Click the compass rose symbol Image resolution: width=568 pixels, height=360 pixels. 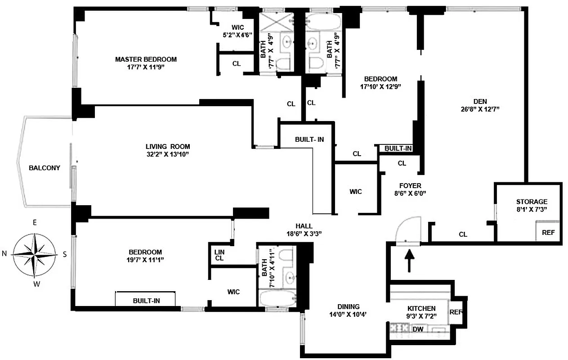click(x=35, y=254)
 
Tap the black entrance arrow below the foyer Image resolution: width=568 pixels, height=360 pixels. click(x=409, y=261)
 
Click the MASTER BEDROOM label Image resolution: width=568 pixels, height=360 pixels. click(x=146, y=59)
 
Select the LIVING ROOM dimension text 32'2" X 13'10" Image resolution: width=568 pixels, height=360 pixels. click(x=167, y=154)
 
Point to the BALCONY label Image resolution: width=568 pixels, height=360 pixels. click(x=45, y=168)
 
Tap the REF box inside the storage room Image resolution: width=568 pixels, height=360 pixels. click(x=548, y=233)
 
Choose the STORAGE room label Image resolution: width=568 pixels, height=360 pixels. click(x=532, y=202)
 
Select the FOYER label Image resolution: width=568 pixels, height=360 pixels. click(x=410, y=185)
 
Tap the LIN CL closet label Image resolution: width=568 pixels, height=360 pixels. click(x=219, y=255)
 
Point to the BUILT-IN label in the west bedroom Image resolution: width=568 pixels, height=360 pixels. click(x=147, y=300)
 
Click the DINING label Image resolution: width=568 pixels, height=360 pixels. click(x=349, y=307)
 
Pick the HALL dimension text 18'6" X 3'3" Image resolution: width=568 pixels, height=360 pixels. click(x=304, y=234)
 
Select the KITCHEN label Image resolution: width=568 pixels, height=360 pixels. click(x=421, y=308)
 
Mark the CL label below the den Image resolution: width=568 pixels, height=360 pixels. click(x=463, y=234)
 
